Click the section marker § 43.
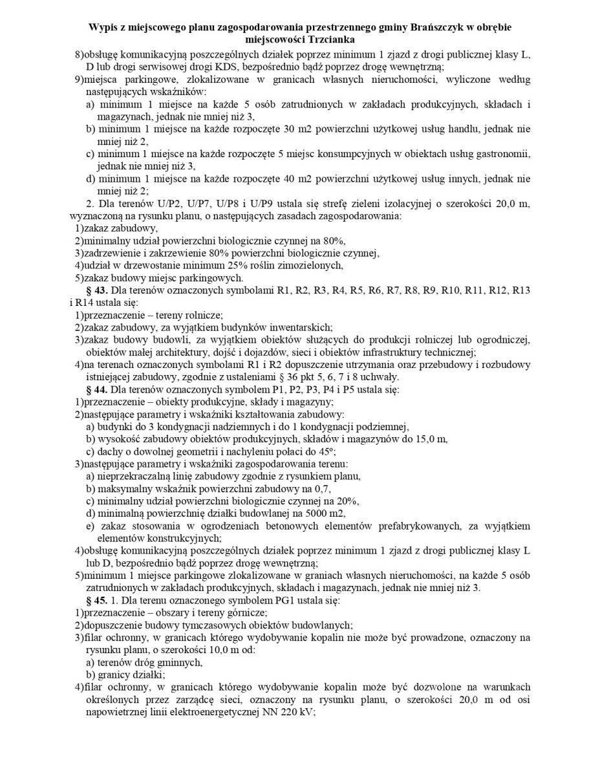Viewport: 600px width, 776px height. click(x=97, y=290)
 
